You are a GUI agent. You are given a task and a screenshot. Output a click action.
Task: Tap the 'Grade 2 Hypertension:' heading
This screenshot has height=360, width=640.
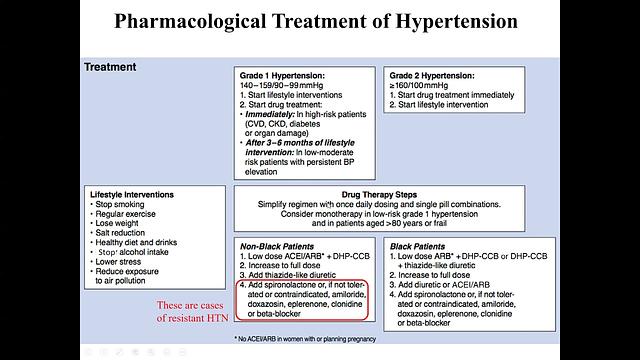coord(433,75)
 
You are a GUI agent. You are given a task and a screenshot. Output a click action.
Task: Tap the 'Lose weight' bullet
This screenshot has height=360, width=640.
coord(125,222)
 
